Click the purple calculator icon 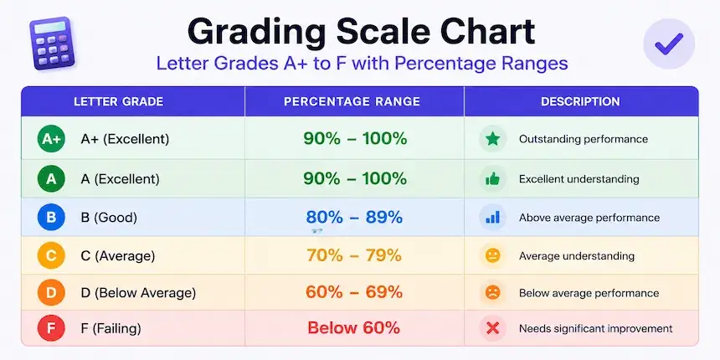pos(53,44)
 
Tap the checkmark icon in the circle pos(669,44)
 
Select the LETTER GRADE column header pos(119,101)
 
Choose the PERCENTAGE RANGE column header pos(352,101)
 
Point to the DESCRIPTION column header pos(580,101)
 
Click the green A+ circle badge pos(51,139)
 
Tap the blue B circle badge pos(51,217)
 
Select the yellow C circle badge pos(51,255)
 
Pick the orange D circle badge pos(51,292)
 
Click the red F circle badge pos(51,328)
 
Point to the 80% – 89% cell pos(354,217)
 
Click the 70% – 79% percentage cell pos(354,255)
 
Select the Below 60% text pos(353,328)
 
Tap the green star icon pos(493,139)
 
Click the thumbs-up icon pos(493,178)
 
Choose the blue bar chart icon pos(493,217)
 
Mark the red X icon pos(493,328)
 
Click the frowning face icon pos(493,292)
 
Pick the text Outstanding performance pos(584,139)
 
